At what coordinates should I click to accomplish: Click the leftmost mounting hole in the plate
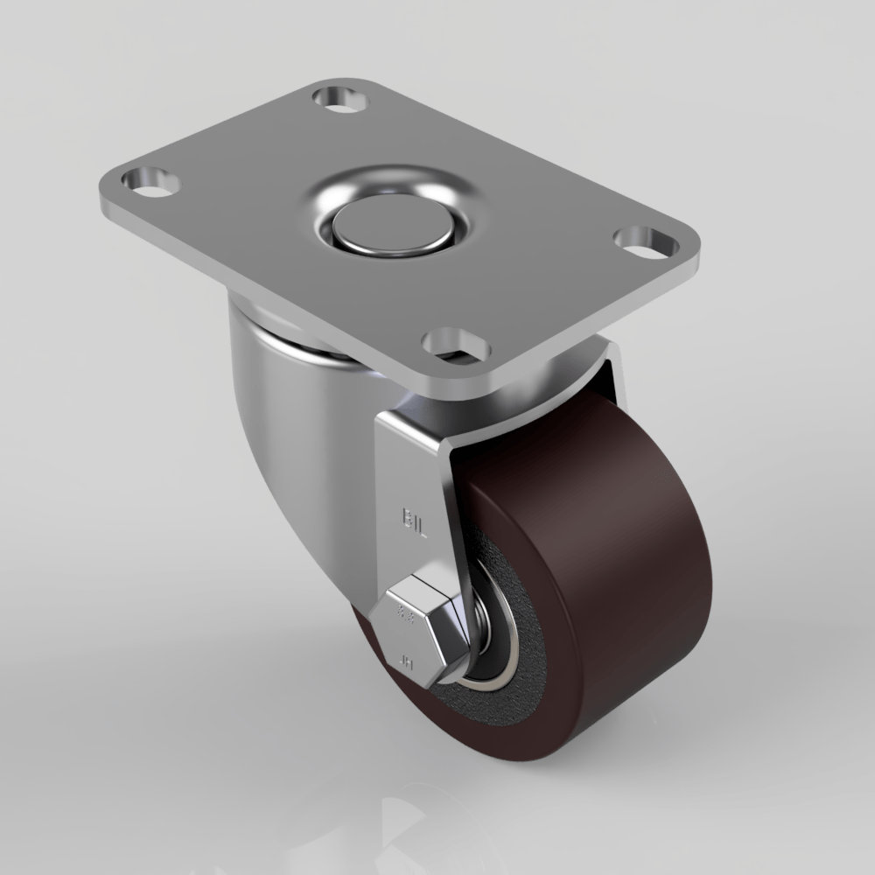[150, 182]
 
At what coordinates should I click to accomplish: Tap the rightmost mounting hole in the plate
[646, 240]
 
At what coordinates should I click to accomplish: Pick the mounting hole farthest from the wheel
[341, 98]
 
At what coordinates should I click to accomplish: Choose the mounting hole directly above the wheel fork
[455, 344]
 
